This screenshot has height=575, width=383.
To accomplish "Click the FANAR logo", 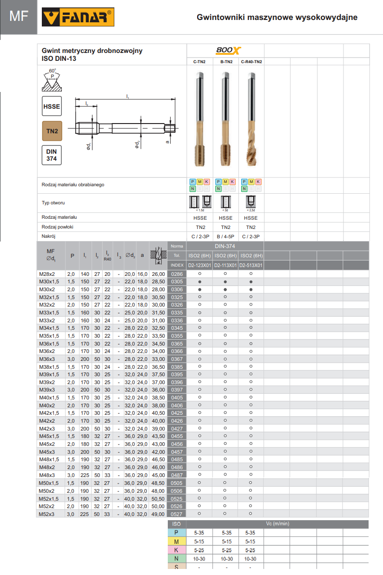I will click(x=78, y=18).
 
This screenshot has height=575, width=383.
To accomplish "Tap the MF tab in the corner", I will click(x=19, y=17).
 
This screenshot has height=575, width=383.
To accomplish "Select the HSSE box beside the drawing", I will click(x=52, y=106).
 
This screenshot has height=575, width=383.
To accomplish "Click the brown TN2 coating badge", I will click(x=52, y=131).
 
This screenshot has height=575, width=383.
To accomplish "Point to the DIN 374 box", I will click(x=52, y=155).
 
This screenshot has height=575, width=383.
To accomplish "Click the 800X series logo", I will click(x=226, y=51).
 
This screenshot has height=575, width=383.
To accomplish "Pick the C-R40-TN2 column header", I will click(x=251, y=61).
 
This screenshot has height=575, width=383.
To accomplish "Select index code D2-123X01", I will click(x=200, y=265).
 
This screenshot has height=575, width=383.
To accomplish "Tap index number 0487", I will click(x=177, y=475).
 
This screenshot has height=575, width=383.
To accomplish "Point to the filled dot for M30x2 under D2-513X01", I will click(x=251, y=289).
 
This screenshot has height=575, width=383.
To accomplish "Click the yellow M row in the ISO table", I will click(x=176, y=542).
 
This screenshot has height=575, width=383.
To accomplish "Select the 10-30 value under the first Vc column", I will click(x=200, y=559).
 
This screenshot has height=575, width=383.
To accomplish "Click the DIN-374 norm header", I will click(x=225, y=246).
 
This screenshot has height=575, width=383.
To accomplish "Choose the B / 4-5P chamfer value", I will click(x=225, y=236).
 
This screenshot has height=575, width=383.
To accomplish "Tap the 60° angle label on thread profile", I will click(x=53, y=71).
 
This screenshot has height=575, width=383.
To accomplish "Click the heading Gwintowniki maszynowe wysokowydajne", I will click(x=277, y=17).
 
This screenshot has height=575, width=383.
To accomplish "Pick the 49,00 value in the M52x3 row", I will click(x=158, y=514).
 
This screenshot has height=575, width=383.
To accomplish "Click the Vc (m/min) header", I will click(x=277, y=524).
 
